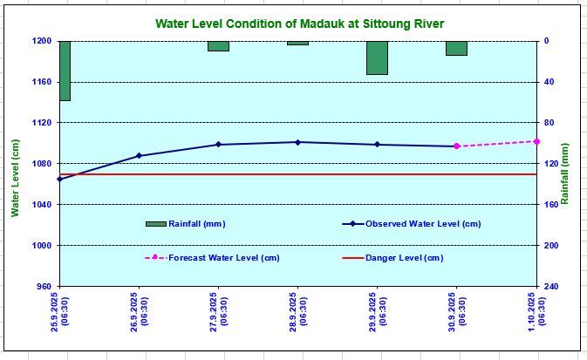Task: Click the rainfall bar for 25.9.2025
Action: [65, 71]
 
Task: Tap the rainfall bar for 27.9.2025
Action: [218, 46]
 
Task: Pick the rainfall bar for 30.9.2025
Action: [456, 48]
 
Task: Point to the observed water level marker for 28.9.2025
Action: [297, 142]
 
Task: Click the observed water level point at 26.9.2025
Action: [139, 156]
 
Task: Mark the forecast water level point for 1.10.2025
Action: [536, 141]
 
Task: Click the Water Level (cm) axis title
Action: [14, 178]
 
